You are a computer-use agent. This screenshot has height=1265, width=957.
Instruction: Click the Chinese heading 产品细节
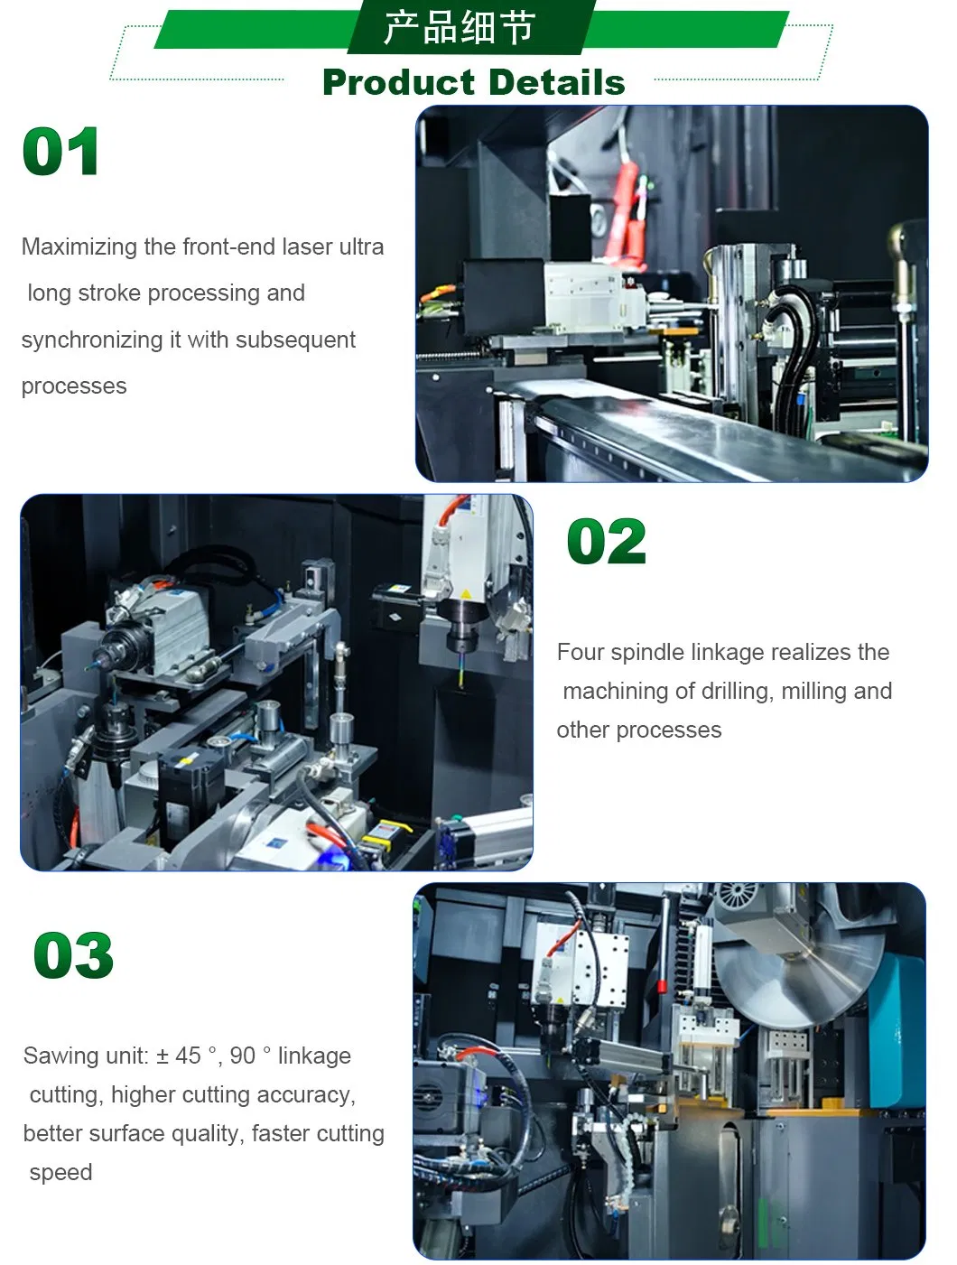460,27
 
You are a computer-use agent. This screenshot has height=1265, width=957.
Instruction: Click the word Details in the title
558,82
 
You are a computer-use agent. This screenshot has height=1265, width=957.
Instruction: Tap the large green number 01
60,151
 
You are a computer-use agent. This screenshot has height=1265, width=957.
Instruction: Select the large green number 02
606,541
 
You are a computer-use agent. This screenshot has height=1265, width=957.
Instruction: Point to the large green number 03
73,955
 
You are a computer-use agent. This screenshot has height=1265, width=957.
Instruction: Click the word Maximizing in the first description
79,247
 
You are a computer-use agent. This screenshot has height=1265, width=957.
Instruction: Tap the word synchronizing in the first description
92,340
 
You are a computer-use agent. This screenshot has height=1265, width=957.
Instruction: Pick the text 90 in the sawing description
242,1056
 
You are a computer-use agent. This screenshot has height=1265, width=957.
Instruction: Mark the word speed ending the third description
60,1173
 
